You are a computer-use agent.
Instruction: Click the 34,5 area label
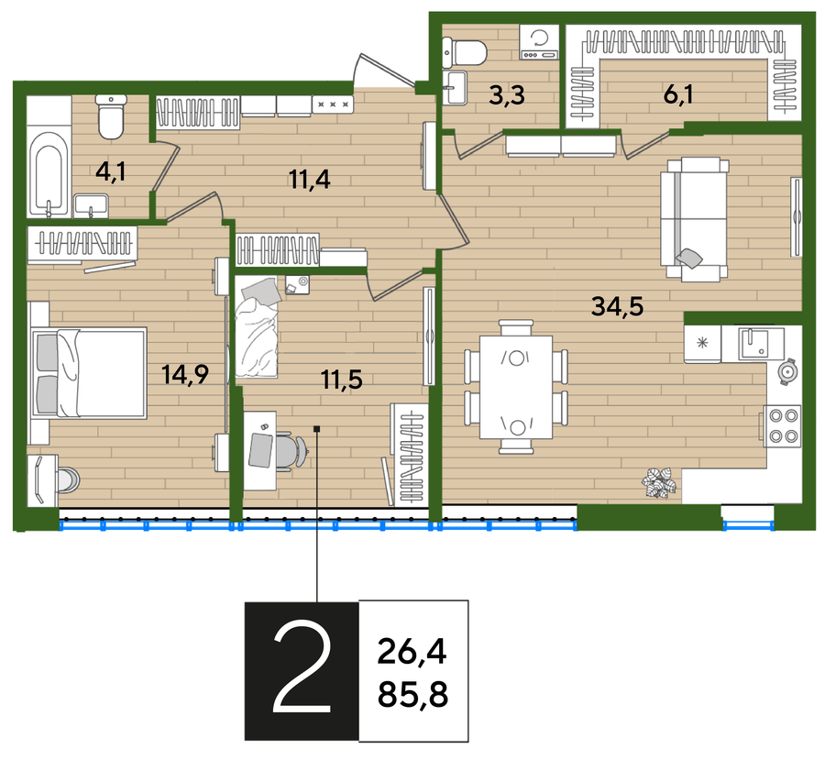[x=617, y=306]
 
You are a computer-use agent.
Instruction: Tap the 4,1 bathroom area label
[x=111, y=171]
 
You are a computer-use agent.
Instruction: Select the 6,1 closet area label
[x=678, y=94]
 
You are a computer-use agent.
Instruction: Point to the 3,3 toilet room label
[x=507, y=95]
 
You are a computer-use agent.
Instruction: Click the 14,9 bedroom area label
[x=185, y=375]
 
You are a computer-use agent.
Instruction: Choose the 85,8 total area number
[x=413, y=694]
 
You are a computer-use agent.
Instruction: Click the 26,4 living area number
[x=412, y=652]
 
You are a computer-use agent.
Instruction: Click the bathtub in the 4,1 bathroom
[x=49, y=173]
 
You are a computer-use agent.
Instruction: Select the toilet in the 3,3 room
[x=465, y=52]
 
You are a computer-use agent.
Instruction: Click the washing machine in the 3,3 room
[x=539, y=41]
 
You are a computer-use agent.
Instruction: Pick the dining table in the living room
[x=516, y=387]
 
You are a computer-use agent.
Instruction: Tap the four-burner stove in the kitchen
[x=784, y=425]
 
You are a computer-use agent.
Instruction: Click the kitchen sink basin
[x=753, y=343]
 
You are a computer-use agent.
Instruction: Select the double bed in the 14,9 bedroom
[x=88, y=373]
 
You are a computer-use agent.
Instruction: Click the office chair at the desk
[x=289, y=449]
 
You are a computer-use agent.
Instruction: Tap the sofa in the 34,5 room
[x=695, y=218]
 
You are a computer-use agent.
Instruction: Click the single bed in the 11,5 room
[x=257, y=327]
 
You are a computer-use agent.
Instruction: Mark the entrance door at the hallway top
[x=385, y=71]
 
